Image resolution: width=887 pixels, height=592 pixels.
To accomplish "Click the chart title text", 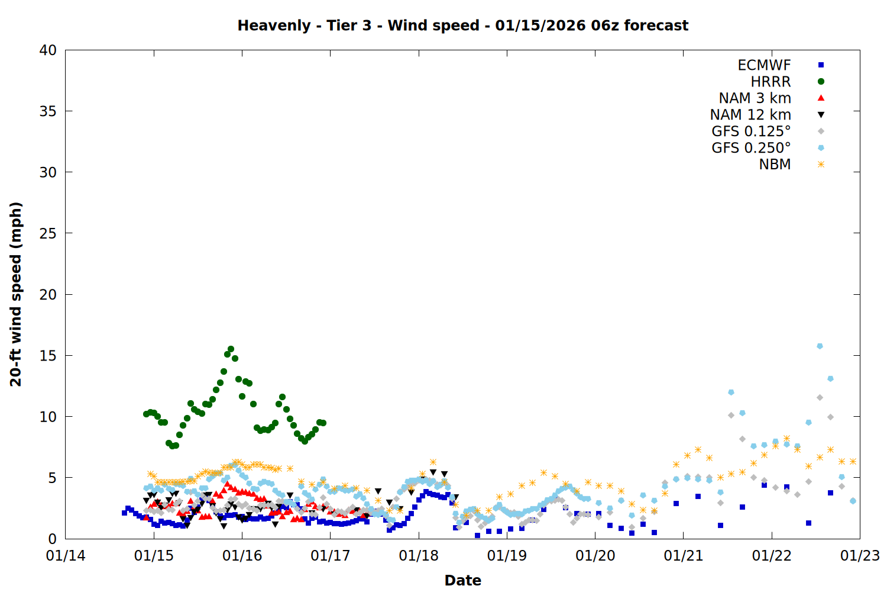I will pyautogui.click(x=462, y=25).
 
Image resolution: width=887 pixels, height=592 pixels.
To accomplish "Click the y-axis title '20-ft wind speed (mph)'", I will pyautogui.click(x=16, y=294).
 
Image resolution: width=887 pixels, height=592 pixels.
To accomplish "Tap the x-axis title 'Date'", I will pyautogui.click(x=462, y=580).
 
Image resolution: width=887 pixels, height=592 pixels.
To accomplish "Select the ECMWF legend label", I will pyautogui.click(x=764, y=65).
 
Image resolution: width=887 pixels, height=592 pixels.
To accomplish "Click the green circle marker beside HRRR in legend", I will pyautogui.click(x=821, y=82).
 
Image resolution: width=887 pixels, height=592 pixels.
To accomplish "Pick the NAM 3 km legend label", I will pyautogui.click(x=755, y=98).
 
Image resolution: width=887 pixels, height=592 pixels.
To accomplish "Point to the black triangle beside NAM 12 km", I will pyautogui.click(x=821, y=115).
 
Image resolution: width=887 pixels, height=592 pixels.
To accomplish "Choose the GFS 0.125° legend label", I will pyautogui.click(x=751, y=131).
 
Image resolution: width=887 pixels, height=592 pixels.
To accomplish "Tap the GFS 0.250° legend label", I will pyautogui.click(x=751, y=148).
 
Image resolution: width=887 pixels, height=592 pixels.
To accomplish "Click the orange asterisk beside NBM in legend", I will pyautogui.click(x=821, y=165).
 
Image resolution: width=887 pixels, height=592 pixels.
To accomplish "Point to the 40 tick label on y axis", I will pyautogui.click(x=48, y=50).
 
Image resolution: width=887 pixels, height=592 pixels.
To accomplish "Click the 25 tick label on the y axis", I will pyautogui.click(x=48, y=233).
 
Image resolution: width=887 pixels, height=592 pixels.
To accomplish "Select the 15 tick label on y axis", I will pyautogui.click(x=48, y=355).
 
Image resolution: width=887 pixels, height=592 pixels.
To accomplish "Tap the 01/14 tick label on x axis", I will pyautogui.click(x=66, y=556).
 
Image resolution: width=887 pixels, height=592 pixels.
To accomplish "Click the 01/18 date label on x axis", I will pyautogui.click(x=419, y=556).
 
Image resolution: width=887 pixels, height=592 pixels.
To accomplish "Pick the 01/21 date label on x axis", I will pyautogui.click(x=684, y=556).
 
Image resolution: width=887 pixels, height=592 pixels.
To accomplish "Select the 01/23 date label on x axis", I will pyautogui.click(x=860, y=556).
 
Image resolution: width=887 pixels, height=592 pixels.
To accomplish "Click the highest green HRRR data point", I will pyautogui.click(x=231, y=349).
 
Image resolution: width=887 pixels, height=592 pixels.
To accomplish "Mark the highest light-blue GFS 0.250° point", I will pyautogui.click(x=820, y=346).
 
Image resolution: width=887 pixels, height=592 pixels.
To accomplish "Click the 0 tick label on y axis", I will pyautogui.click(x=52, y=539).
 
